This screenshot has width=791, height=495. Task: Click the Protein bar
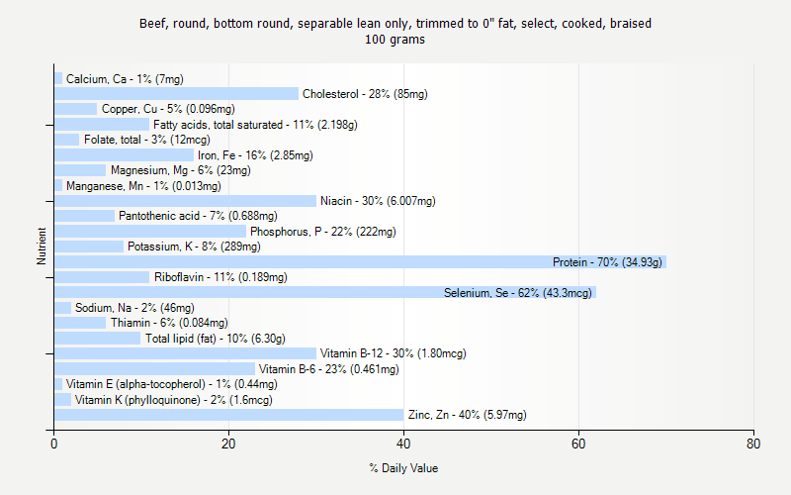click(360, 262)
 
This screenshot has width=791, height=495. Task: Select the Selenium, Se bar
click(324, 293)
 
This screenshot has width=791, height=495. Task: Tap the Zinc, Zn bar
click(228, 415)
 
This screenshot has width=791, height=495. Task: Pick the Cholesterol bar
click(176, 94)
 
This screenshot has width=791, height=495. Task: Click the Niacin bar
click(185, 201)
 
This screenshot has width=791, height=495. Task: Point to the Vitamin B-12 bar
click(185, 353)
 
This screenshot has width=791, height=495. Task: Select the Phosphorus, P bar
click(149, 232)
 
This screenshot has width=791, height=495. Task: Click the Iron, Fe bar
click(124, 155)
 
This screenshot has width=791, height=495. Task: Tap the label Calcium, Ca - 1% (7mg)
click(125, 79)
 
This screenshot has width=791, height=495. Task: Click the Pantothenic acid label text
click(198, 216)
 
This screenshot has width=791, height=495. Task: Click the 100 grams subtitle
click(395, 40)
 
